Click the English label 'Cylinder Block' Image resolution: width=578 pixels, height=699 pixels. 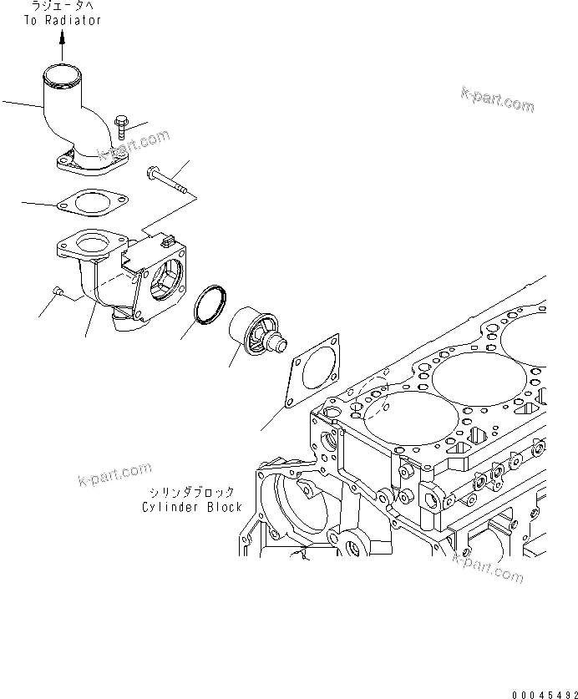[x=191, y=507]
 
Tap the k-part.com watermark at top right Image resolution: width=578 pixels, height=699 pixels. [x=496, y=99]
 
